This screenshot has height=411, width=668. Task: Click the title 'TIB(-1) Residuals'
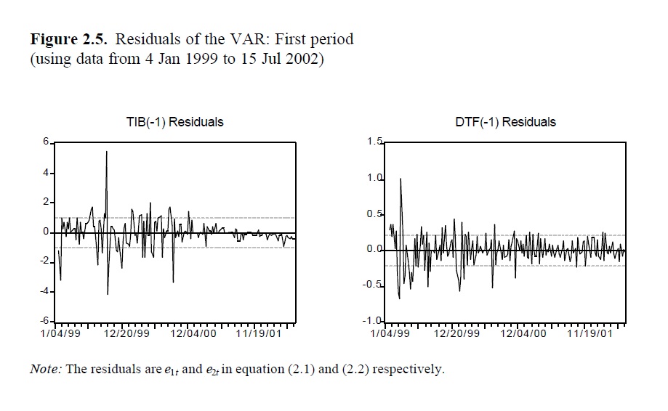point(174,122)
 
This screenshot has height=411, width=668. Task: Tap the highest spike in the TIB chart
point(107,152)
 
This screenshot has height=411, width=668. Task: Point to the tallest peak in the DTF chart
point(401,179)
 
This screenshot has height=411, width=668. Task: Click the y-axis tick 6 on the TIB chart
point(45,142)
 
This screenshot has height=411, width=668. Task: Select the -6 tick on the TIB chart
point(43,321)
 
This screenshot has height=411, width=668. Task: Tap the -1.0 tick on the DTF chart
point(372,321)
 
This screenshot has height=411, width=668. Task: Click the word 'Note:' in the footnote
point(45,369)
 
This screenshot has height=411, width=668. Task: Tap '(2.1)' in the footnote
point(301,369)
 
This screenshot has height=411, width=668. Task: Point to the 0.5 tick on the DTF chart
point(374,213)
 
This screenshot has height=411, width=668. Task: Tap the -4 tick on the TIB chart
point(43,291)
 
